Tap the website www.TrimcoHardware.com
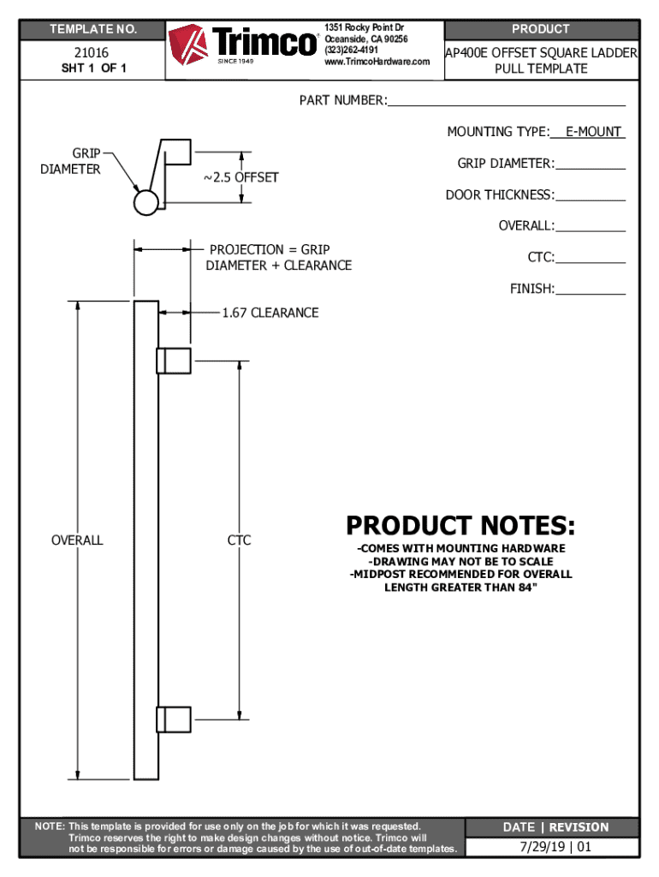point(377,61)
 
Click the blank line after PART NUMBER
point(506,104)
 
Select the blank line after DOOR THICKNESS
point(591,199)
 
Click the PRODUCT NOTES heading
point(460,524)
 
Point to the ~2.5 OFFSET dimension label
point(240,177)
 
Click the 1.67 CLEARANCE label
point(270,313)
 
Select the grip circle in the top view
point(146,202)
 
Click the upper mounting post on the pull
point(173,361)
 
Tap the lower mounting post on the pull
point(173,719)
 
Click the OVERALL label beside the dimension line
point(77,540)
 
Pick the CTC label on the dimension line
point(239,540)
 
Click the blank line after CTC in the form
point(591,261)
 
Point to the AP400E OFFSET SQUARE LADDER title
point(541,53)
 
